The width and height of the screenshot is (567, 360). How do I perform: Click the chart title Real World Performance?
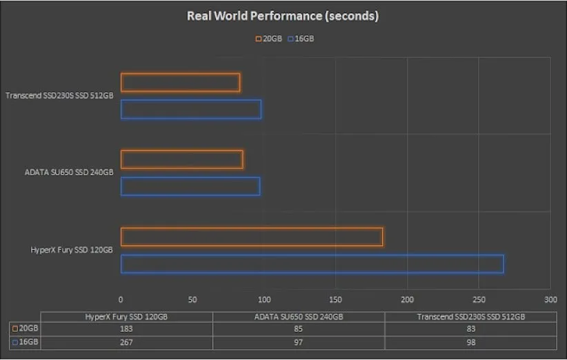(x=283, y=16)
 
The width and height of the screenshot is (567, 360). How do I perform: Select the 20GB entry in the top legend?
(x=269, y=39)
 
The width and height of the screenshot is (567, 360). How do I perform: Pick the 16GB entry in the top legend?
(x=301, y=39)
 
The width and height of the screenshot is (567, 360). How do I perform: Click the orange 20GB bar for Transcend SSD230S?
(x=180, y=83)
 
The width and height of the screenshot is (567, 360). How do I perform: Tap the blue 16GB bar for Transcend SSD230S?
(x=191, y=109)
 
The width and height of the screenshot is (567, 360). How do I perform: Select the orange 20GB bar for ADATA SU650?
(x=181, y=159)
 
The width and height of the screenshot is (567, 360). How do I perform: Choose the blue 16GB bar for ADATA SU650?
(x=190, y=186)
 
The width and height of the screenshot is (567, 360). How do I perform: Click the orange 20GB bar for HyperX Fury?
(x=252, y=237)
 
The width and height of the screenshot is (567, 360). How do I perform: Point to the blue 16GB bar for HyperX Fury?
(x=312, y=263)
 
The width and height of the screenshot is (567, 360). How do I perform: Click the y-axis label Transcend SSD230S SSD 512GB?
(x=59, y=96)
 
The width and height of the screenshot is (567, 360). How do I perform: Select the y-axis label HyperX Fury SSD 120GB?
(x=72, y=250)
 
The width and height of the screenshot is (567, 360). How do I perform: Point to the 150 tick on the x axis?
(x=335, y=300)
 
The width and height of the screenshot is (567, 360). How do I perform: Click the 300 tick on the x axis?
(x=550, y=300)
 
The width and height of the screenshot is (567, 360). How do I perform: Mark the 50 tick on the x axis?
(x=192, y=300)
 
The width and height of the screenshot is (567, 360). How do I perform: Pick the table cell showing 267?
(x=126, y=341)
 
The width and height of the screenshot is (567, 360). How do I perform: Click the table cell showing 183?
(x=126, y=329)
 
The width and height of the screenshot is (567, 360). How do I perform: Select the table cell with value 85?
(x=298, y=329)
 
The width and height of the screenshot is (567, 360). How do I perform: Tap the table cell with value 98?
(x=470, y=341)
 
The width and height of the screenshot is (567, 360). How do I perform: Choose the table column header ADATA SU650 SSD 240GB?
(x=298, y=317)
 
